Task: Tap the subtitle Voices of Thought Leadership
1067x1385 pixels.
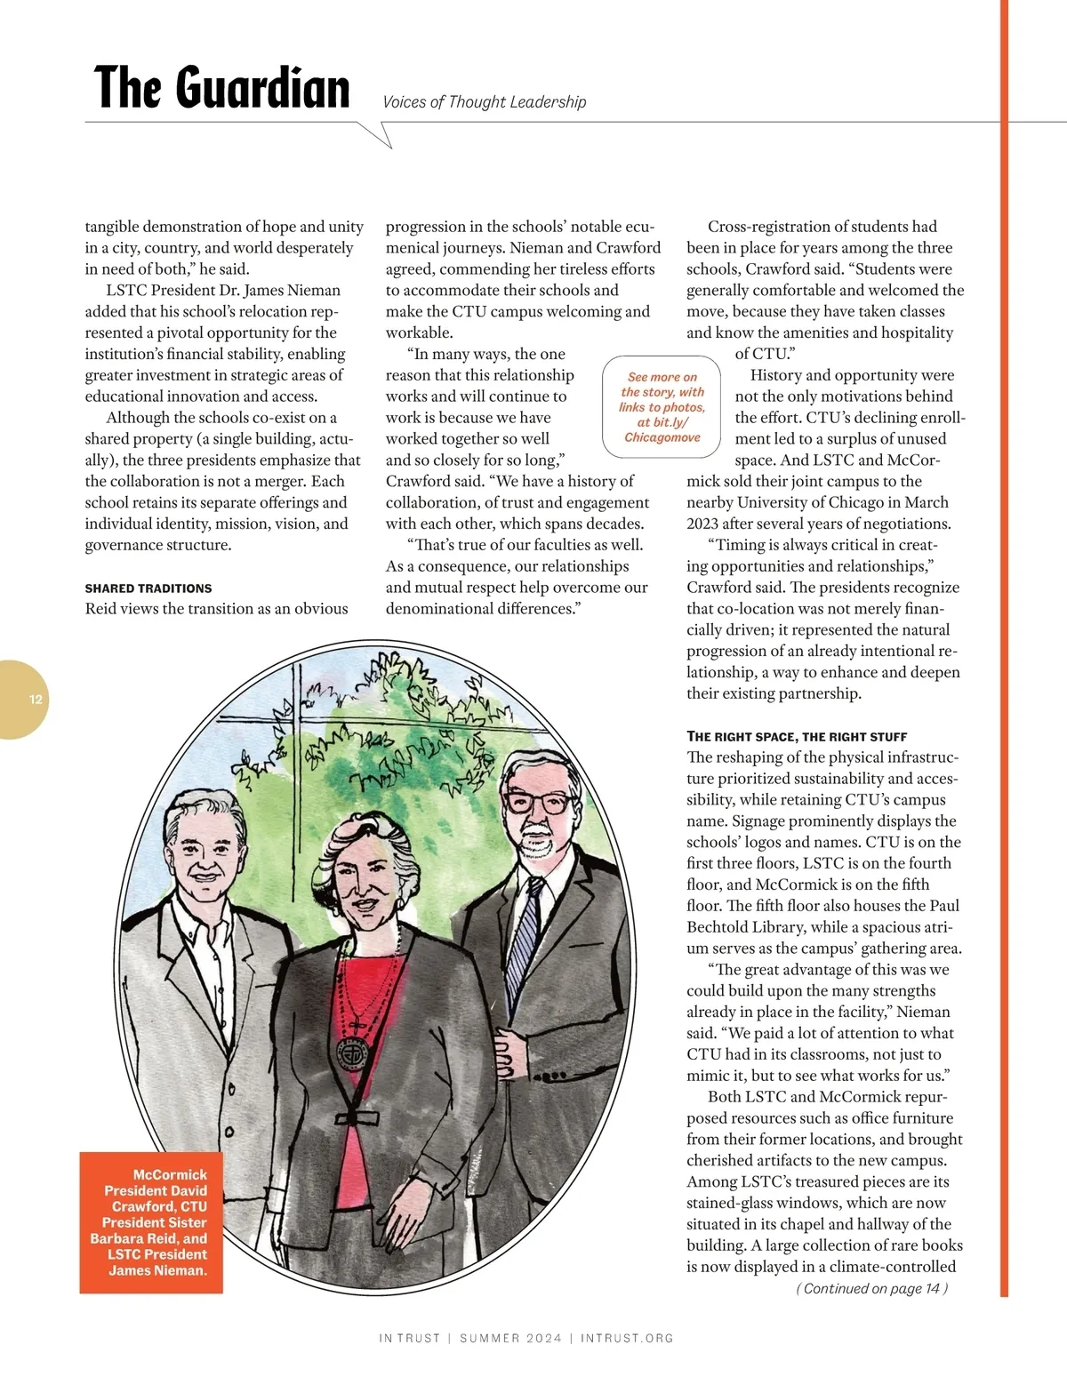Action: (484, 102)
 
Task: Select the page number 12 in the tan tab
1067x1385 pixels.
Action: (36, 700)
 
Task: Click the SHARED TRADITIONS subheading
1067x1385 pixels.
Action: (148, 588)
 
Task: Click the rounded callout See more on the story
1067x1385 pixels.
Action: (662, 406)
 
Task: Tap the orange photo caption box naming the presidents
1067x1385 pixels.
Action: (151, 1221)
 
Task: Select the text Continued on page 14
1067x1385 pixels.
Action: (871, 1288)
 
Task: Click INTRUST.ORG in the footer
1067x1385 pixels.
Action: (627, 1338)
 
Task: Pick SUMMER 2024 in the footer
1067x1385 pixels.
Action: (510, 1338)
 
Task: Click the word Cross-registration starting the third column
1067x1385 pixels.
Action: (774, 227)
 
